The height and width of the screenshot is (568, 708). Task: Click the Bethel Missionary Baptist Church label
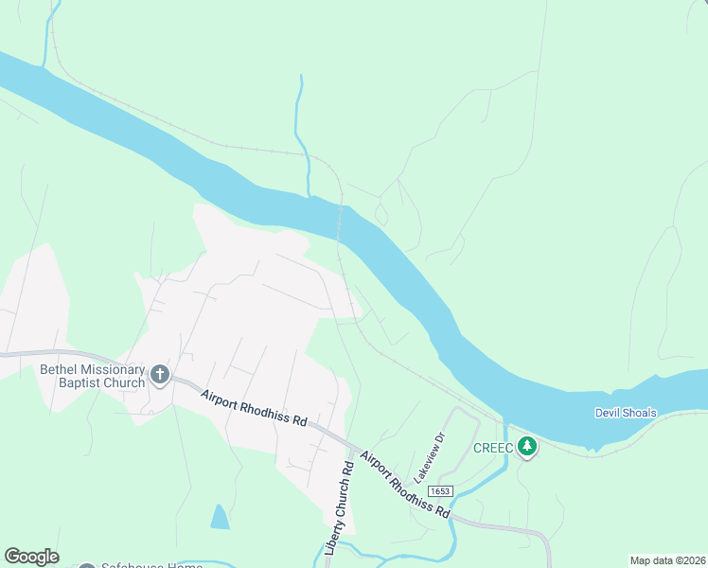(x=92, y=376)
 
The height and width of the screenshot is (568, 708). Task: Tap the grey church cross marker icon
(x=159, y=376)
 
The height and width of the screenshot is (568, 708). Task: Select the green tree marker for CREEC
(x=526, y=446)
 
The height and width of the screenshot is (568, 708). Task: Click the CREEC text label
(x=493, y=447)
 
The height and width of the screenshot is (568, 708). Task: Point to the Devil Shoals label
(x=627, y=413)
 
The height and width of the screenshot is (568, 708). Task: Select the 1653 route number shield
(x=439, y=491)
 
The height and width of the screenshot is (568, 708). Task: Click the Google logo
(x=31, y=557)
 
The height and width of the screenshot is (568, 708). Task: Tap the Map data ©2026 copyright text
(x=667, y=560)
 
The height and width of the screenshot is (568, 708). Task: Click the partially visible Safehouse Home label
(x=151, y=565)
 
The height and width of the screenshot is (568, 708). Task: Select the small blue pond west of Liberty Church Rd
(x=220, y=517)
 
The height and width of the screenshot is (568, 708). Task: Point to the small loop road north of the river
(x=381, y=215)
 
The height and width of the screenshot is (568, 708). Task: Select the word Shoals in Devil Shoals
(x=639, y=413)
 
